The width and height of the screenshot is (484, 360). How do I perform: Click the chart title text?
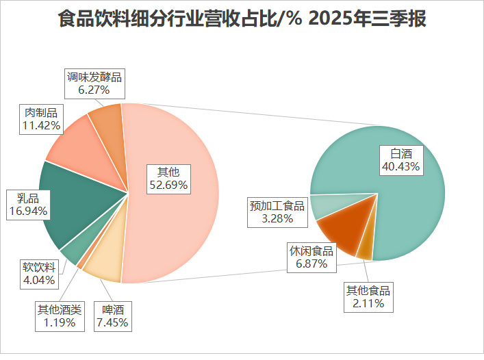point(242,18)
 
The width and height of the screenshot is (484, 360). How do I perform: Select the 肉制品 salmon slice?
point(75,147)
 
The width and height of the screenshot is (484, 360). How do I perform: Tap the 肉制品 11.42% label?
point(42,119)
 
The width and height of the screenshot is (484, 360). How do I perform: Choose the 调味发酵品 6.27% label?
point(94,83)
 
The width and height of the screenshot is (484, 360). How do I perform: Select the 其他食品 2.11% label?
point(369,297)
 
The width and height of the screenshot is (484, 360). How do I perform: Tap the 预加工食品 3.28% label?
point(277,212)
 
